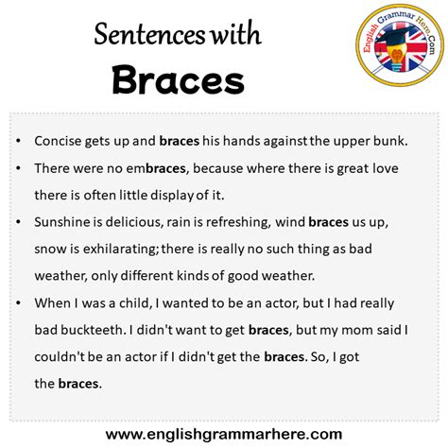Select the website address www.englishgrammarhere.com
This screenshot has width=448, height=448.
(223, 434)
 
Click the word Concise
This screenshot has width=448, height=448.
(60, 141)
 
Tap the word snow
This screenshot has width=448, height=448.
(49, 249)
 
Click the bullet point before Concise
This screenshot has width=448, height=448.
(20, 141)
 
